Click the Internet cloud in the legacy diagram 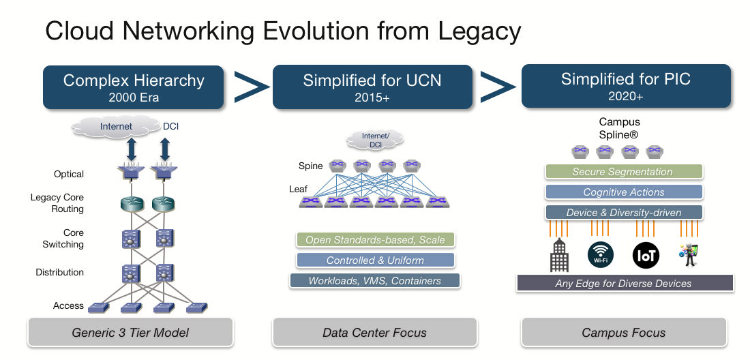(x=117, y=127)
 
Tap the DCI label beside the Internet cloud (x=171, y=127)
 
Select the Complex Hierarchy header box (x=134, y=87)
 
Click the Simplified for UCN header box (x=372, y=87)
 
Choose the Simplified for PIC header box (x=626, y=86)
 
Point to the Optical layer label (x=69, y=174)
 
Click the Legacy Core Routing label (x=57, y=203)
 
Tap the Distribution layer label (x=60, y=272)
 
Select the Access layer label (x=69, y=305)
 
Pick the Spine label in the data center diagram (x=310, y=166)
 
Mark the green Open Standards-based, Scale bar (x=375, y=240)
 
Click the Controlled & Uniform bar (x=375, y=260)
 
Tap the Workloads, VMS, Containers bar (x=375, y=281)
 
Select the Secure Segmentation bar (x=622, y=172)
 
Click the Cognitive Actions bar (x=623, y=192)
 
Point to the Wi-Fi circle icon (x=601, y=256)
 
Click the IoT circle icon (x=645, y=256)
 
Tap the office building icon (x=558, y=256)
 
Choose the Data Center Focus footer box (x=374, y=333)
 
